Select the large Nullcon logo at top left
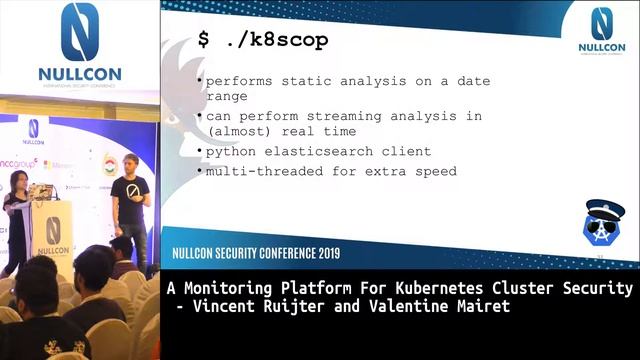[80, 45]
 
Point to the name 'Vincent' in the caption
[220, 307]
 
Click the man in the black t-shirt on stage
[131, 205]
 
